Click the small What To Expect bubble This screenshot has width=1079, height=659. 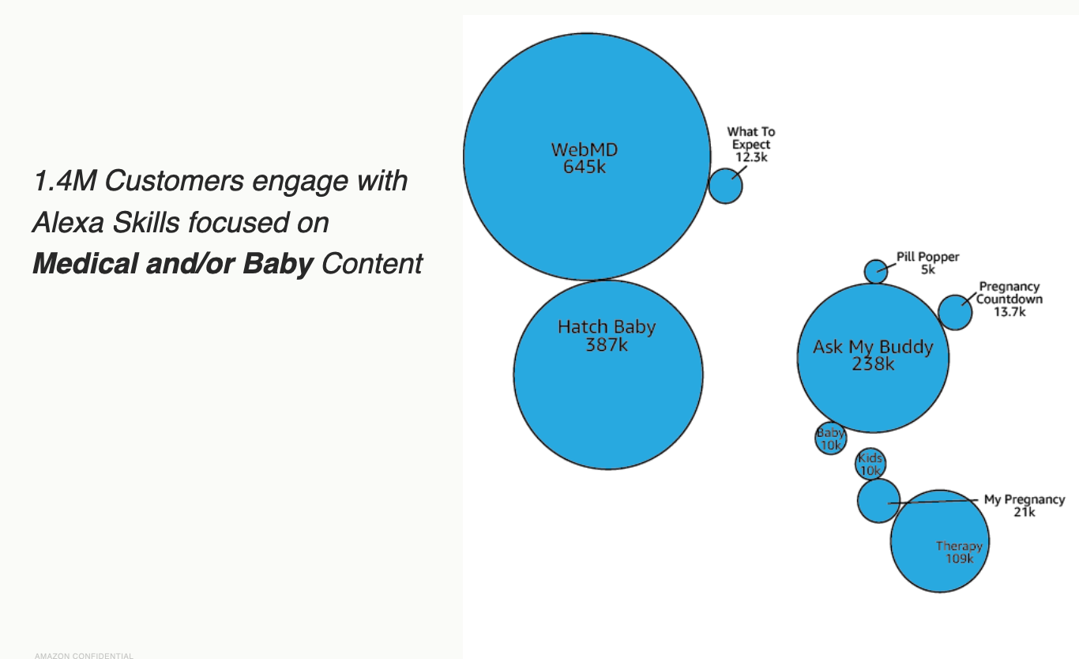[x=725, y=186]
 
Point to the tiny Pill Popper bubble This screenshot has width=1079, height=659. [x=875, y=272]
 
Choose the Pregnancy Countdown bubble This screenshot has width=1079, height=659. [x=954, y=312]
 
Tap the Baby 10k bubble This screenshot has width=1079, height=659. [x=830, y=439]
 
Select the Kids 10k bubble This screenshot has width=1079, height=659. [x=870, y=465]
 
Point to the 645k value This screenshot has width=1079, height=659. [x=585, y=168]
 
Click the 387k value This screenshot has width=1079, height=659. [x=607, y=345]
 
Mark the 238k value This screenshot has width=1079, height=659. [x=873, y=364]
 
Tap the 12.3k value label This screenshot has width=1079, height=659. [x=751, y=157]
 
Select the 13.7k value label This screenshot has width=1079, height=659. [x=1009, y=312]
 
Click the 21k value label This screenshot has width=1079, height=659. [x=1024, y=512]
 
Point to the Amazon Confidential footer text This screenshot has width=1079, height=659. [x=84, y=655]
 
